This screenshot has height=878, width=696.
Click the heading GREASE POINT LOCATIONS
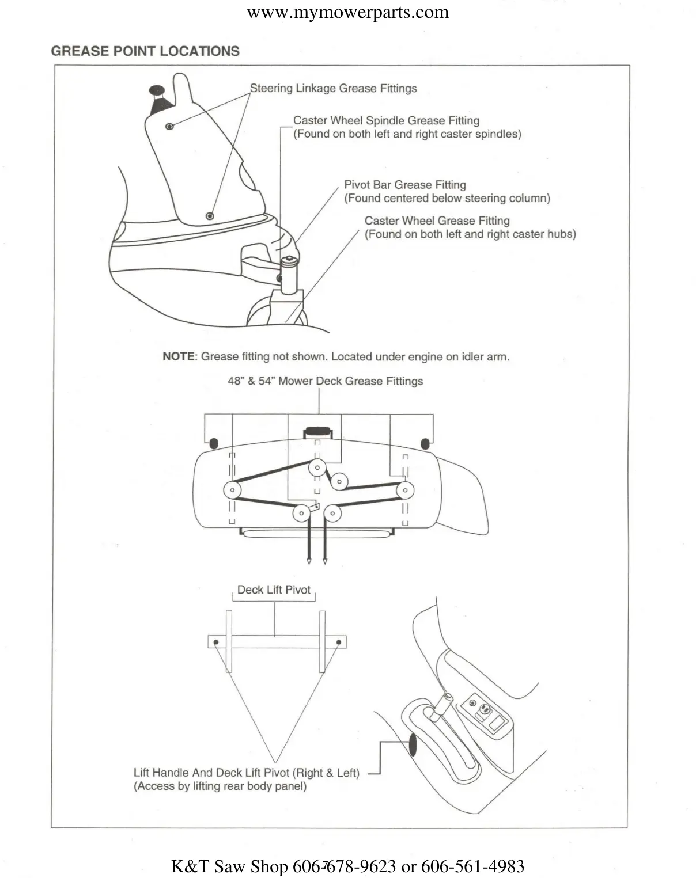tap(145, 51)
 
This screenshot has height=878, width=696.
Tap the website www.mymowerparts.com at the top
tap(347, 13)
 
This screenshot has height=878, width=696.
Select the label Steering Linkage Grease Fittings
tap(333, 89)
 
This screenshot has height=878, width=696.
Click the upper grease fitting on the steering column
tap(169, 126)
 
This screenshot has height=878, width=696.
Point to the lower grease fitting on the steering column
tap(210, 216)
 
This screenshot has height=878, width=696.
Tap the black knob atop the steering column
tap(157, 90)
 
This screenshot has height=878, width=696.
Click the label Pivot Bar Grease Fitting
tap(405, 185)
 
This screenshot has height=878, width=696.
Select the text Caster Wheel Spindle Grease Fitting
tap(386, 121)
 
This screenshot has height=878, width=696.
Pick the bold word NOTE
tap(179, 356)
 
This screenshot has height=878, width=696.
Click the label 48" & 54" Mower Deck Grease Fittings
tap(325, 381)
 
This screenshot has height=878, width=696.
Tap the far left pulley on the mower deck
tap(232, 491)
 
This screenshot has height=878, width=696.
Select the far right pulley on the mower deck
tap(405, 491)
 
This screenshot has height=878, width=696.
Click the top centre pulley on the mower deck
tap(316, 467)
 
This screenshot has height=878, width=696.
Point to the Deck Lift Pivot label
tap(274, 590)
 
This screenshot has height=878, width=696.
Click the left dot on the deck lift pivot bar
tap(216, 642)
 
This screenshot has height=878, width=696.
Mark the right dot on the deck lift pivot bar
tap(339, 642)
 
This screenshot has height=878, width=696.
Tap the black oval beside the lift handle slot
tap(413, 745)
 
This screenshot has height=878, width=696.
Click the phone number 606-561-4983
tap(472, 866)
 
